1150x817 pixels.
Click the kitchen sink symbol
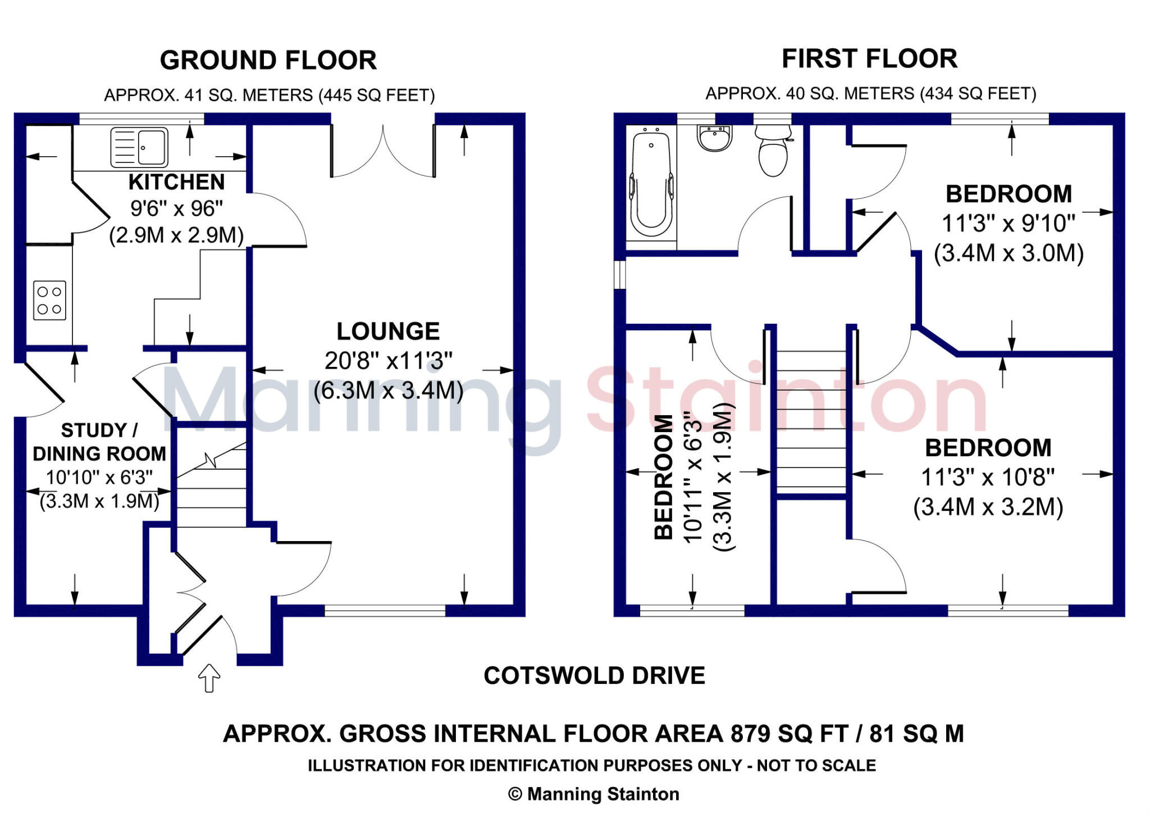point(139,147)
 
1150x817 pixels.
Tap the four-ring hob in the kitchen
point(49,301)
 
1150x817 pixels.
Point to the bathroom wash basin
point(715,138)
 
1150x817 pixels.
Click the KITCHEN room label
point(176,182)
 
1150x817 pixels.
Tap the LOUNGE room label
point(388,332)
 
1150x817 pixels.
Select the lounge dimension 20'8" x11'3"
point(388,361)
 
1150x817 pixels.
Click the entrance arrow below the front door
point(209,678)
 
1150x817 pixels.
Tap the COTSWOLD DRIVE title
point(594,675)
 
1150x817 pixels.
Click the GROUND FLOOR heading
point(268,60)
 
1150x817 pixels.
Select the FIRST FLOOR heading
point(869,58)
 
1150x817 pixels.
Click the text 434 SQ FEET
point(977,93)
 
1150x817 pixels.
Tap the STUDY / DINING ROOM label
point(99,442)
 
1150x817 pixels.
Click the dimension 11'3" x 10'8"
point(988,478)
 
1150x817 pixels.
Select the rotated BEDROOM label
point(664,478)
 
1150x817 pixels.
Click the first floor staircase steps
point(811,421)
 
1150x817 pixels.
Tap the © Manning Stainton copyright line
point(594,794)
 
